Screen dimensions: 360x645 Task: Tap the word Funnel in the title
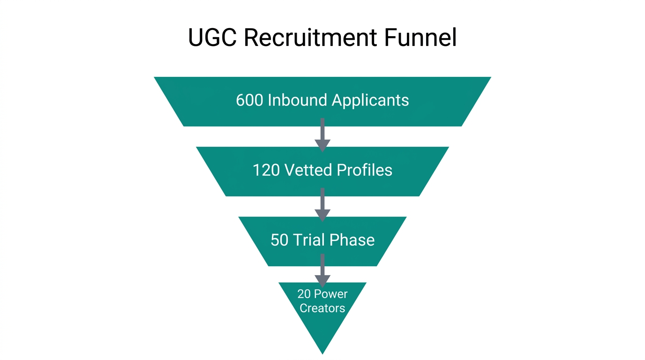click(x=420, y=37)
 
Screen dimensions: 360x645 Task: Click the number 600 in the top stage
click(x=249, y=100)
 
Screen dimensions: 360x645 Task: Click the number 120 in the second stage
click(x=266, y=170)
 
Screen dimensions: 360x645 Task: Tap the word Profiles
click(x=364, y=170)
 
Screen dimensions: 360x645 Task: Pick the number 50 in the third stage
click(x=279, y=240)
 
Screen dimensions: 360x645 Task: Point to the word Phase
click(x=353, y=240)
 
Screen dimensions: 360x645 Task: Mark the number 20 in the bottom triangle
click(x=304, y=294)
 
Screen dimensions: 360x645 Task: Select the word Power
click(x=330, y=294)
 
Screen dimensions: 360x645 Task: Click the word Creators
click(x=322, y=308)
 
